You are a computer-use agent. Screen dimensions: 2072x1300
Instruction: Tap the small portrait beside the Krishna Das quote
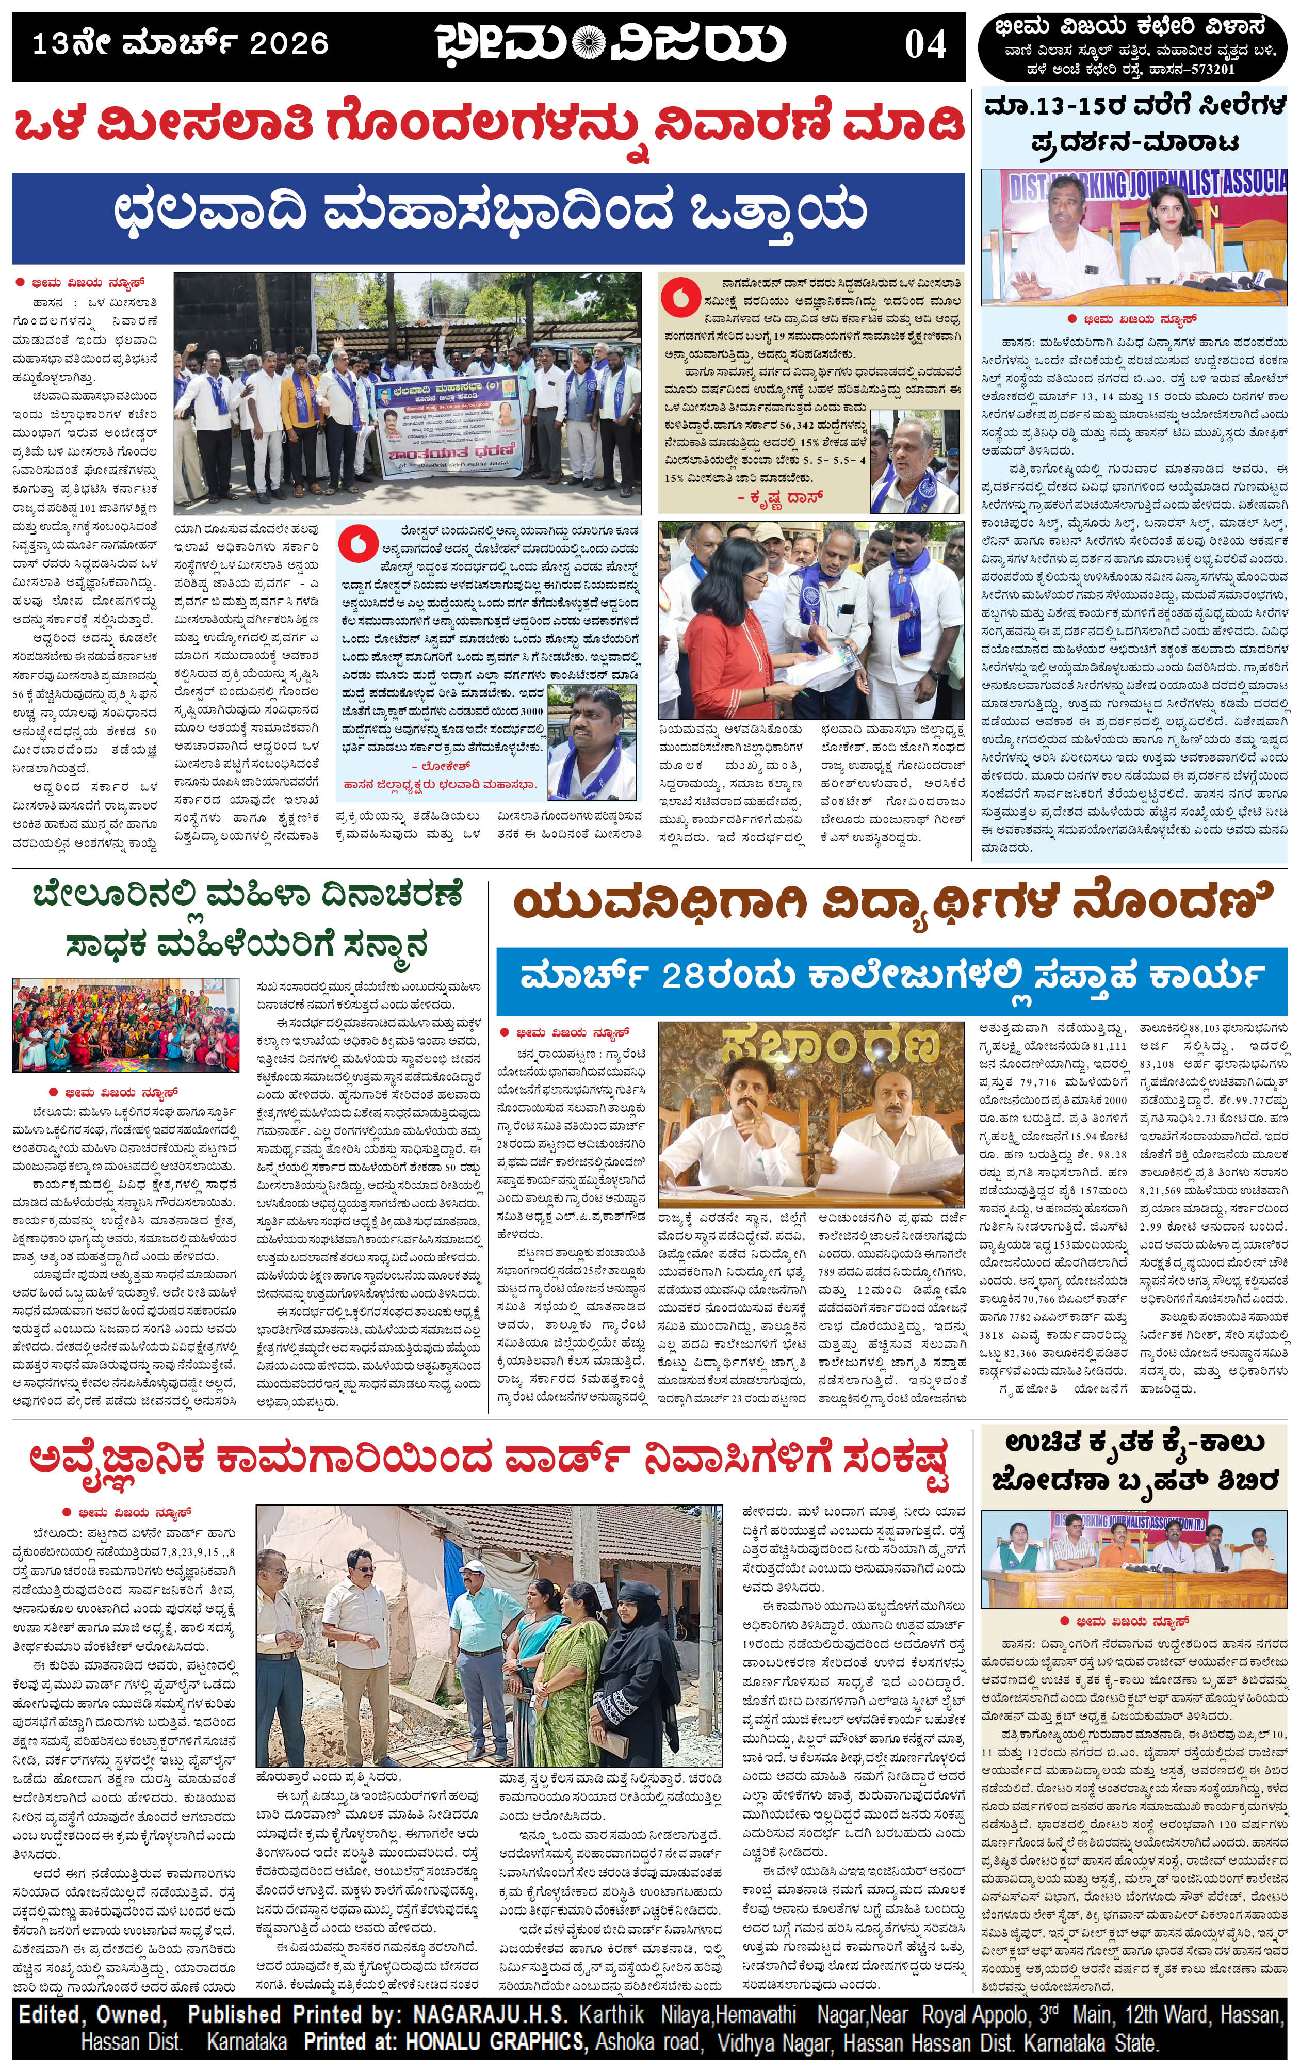(x=914, y=462)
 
